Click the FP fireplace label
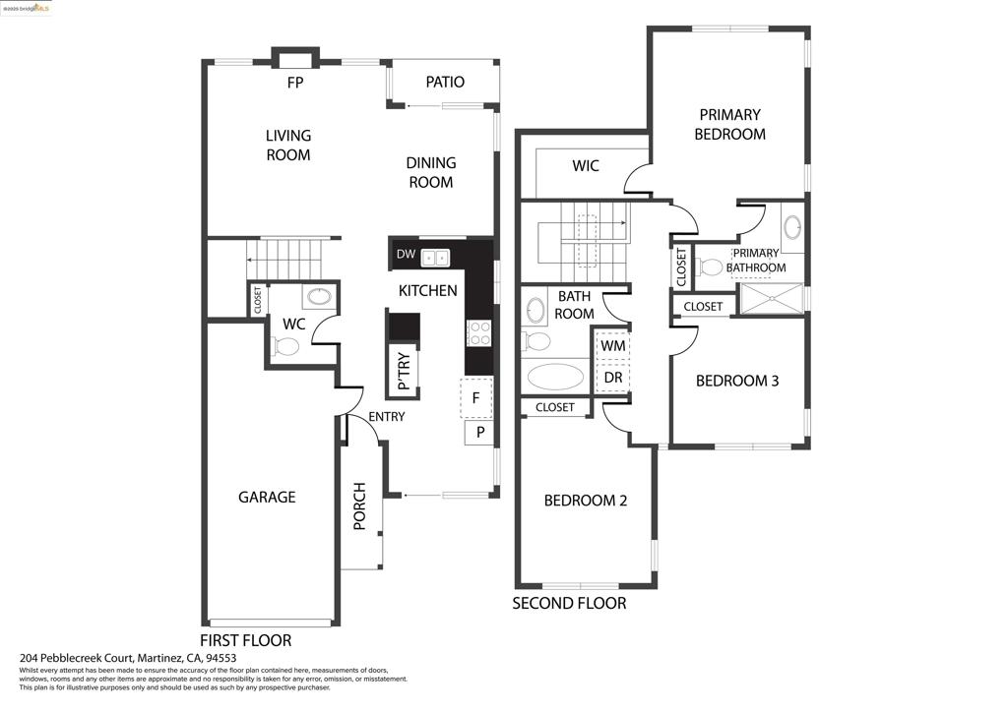click(295, 83)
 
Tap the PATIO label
click(445, 82)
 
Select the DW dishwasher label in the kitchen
click(406, 255)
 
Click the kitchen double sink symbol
click(435, 258)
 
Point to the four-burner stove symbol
click(479, 333)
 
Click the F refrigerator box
click(476, 398)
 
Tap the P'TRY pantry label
click(404, 371)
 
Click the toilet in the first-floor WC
click(284, 347)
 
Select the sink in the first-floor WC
click(319, 296)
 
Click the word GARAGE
click(267, 497)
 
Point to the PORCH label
click(359, 505)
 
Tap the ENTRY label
click(386, 417)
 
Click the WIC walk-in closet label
click(586, 165)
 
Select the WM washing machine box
click(612, 345)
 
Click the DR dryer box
click(612, 377)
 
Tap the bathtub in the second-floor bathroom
click(555, 377)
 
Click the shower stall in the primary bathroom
click(772, 299)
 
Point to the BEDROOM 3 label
click(737, 381)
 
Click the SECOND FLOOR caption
click(569, 604)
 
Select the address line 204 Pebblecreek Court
click(128, 658)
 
